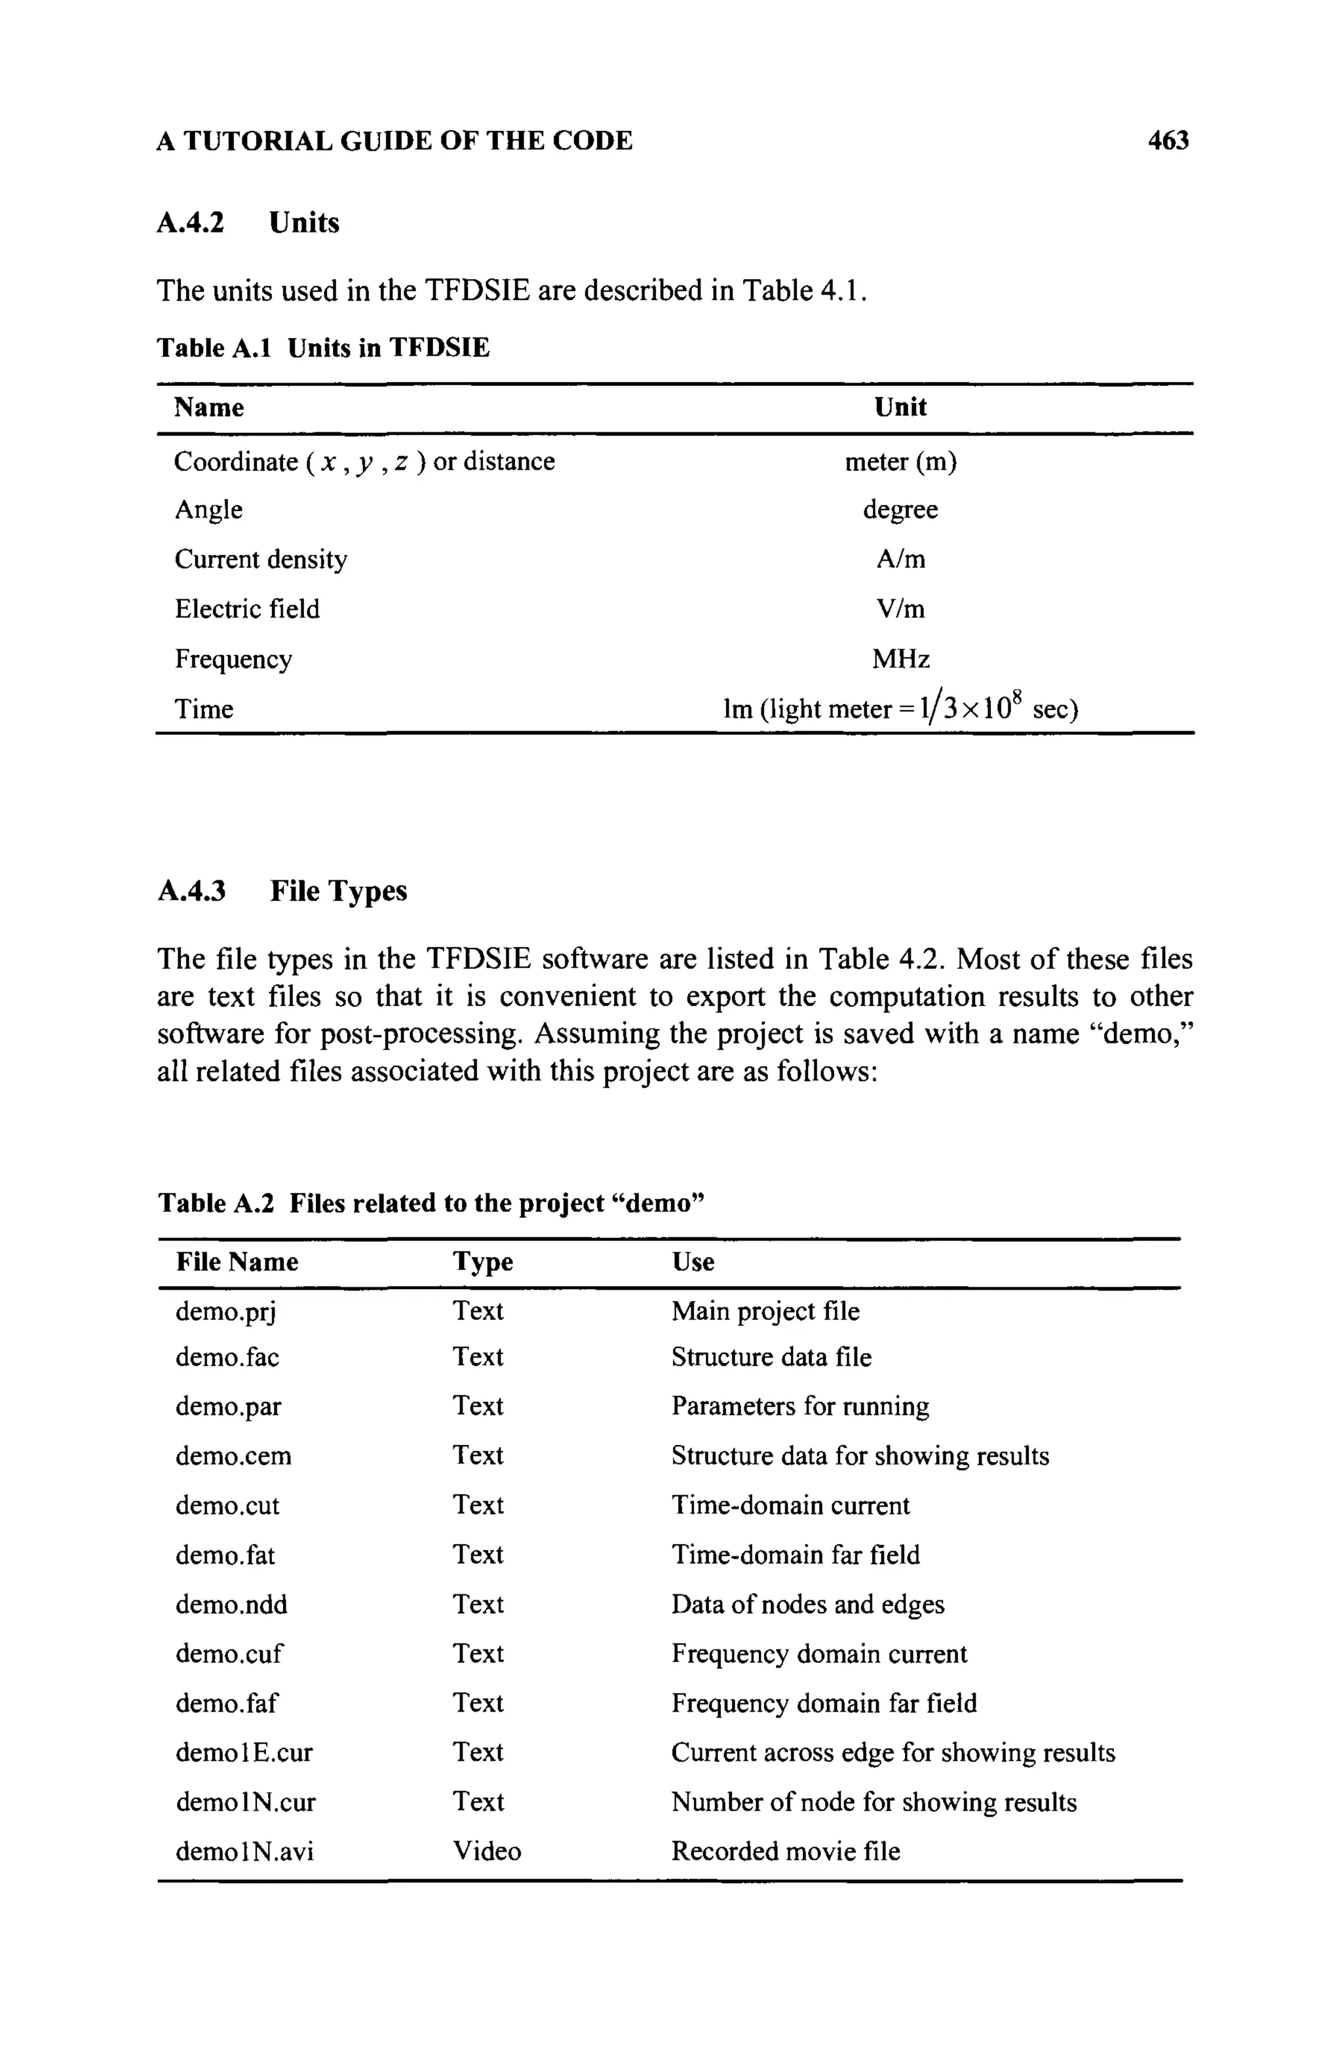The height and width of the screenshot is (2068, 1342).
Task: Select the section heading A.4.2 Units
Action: point(248,223)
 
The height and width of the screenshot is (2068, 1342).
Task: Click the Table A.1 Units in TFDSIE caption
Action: point(322,348)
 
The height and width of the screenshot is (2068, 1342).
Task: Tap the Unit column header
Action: point(900,407)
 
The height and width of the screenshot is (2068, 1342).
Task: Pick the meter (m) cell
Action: point(900,461)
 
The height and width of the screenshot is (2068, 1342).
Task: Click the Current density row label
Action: point(261,559)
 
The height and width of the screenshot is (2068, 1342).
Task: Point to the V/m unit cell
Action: point(900,609)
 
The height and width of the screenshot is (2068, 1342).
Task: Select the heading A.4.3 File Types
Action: point(282,891)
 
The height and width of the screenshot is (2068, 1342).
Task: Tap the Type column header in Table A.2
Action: point(482,1261)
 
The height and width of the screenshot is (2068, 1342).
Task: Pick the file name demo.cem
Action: point(233,1456)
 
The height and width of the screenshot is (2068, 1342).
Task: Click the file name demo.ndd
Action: point(231,1604)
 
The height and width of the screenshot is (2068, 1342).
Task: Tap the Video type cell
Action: point(487,1852)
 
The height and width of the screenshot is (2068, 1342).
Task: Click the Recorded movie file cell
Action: point(785,1852)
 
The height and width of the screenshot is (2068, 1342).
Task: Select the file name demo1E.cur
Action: point(243,1752)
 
